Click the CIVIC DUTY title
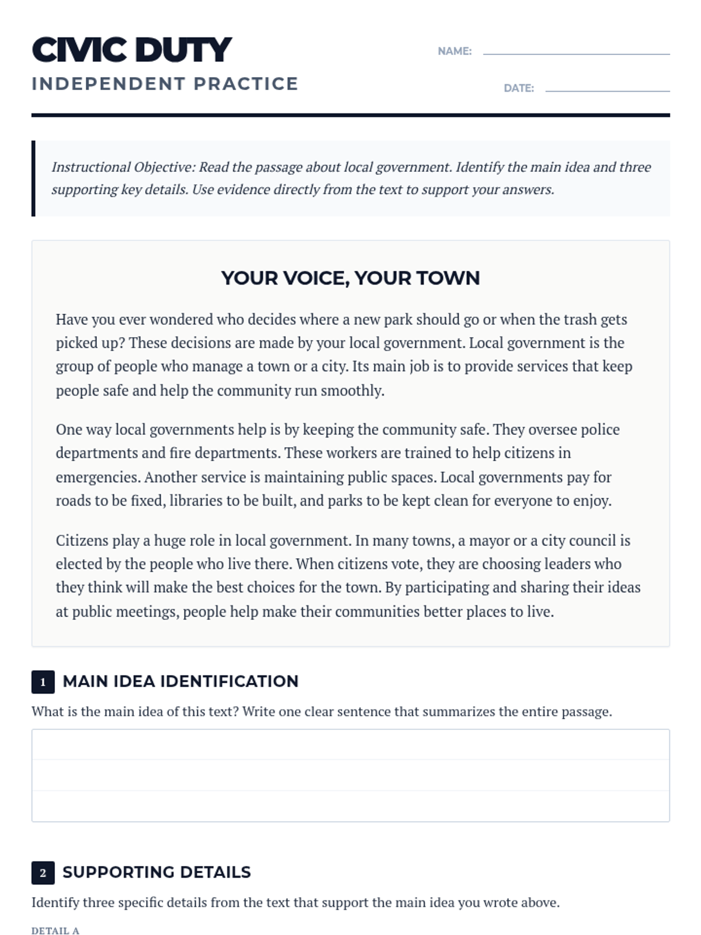[x=132, y=50]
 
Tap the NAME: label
[x=454, y=51]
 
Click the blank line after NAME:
[x=576, y=53]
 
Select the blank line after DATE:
[x=608, y=89]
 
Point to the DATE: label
[x=519, y=88]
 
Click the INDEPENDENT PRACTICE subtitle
[x=165, y=84]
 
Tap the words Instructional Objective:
[x=123, y=167]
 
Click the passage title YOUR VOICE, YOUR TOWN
[x=350, y=278]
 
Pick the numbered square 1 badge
[x=43, y=682]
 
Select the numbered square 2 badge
[x=43, y=873]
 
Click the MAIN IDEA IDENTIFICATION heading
[x=181, y=681]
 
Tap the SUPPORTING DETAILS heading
[x=157, y=872]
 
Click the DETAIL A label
[x=55, y=931]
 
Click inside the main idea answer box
[x=350, y=775]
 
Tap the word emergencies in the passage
[x=98, y=477]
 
